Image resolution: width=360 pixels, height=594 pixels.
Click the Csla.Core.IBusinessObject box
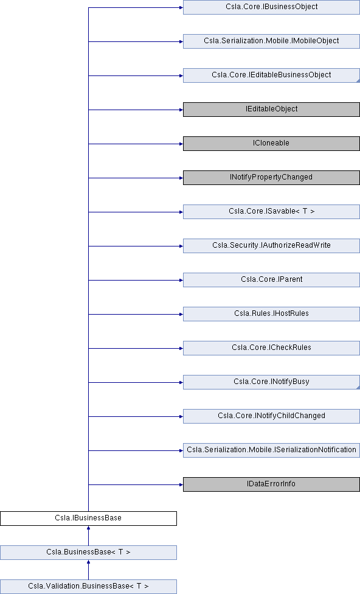point(271,7)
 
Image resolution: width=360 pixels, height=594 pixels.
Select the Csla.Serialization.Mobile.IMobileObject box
point(271,41)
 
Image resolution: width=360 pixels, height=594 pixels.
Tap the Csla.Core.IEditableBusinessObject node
point(271,75)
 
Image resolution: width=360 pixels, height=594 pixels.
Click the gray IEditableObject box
point(271,110)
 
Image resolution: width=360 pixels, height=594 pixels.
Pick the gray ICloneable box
point(271,144)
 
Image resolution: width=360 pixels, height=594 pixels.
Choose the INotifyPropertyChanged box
point(271,178)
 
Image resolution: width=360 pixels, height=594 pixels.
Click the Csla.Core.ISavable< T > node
point(271,212)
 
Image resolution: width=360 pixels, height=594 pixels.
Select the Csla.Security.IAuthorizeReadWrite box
point(271,246)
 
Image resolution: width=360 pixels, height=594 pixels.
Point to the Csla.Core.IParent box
point(271,280)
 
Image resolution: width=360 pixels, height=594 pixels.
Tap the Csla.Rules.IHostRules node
point(271,314)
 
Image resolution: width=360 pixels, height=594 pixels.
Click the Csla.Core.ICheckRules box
point(271,348)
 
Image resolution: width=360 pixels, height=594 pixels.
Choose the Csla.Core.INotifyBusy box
point(271,382)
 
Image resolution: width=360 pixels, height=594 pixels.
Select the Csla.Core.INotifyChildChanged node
point(271,416)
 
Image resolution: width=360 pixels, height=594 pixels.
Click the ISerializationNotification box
point(271,450)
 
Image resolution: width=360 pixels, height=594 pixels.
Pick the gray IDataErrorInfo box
point(271,484)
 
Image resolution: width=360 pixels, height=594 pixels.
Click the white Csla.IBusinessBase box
point(88,519)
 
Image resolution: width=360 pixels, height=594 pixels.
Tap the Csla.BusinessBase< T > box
point(88,553)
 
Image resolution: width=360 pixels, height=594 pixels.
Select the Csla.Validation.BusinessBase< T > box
point(88,587)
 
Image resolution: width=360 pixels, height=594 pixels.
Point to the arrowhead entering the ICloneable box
point(181,144)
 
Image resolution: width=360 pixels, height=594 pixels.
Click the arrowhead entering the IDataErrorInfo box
point(181,485)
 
